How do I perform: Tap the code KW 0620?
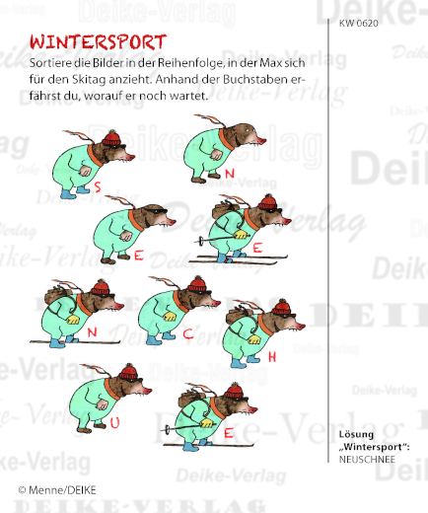(358, 21)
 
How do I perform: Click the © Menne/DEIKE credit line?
(57, 489)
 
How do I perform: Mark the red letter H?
(271, 354)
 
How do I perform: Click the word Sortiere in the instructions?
(52, 63)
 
